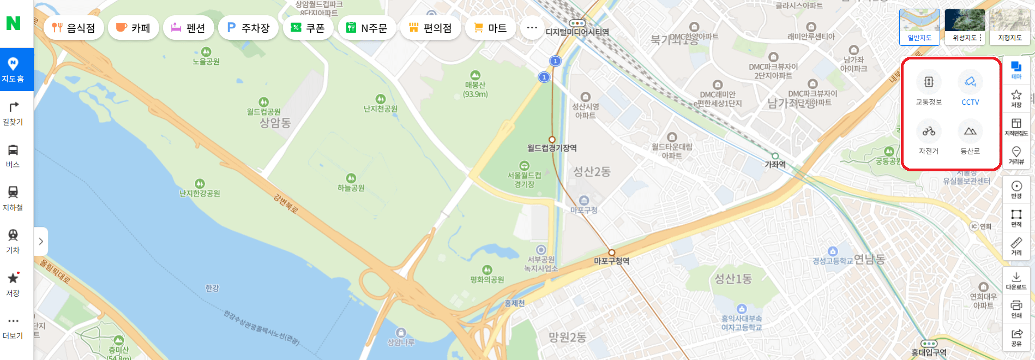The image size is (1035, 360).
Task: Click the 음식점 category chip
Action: pos(74,28)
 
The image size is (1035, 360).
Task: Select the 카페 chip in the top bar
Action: pos(133,28)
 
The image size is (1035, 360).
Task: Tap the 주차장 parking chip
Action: pos(248,28)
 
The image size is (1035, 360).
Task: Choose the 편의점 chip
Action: pos(430,28)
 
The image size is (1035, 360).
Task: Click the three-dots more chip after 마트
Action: pos(532,28)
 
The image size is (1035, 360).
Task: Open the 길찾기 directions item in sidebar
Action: pos(13,113)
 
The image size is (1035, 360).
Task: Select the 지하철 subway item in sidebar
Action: pos(13,199)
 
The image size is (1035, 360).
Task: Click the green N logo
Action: pos(13,23)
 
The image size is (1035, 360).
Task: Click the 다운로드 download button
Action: pos(1016,280)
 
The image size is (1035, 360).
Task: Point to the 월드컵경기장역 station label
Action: pos(552,148)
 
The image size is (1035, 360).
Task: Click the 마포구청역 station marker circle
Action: pos(612,253)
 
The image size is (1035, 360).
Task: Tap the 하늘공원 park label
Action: pos(351,188)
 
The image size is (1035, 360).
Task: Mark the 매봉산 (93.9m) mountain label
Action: pos(476,89)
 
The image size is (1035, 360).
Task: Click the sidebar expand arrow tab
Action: pos(41,241)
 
